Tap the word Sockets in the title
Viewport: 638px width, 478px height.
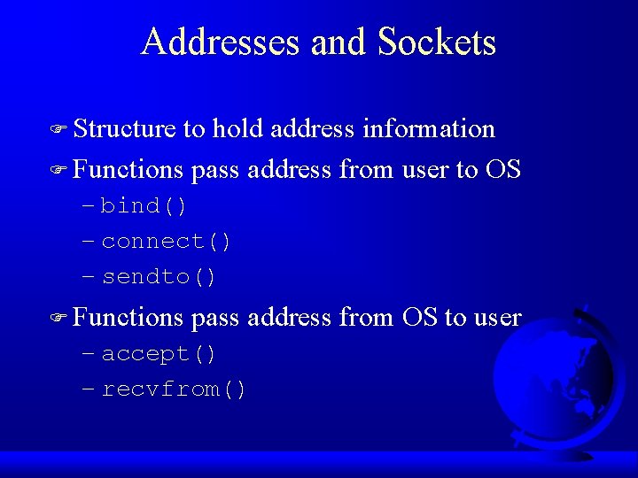click(437, 42)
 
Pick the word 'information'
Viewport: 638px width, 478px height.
click(429, 129)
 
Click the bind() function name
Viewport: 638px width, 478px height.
click(144, 206)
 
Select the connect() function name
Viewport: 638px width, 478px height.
click(167, 242)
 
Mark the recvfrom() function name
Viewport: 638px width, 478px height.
click(175, 389)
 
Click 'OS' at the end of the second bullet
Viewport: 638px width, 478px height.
click(503, 169)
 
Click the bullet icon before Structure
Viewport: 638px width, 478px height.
click(59, 130)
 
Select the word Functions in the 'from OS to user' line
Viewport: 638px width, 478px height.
click(128, 317)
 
